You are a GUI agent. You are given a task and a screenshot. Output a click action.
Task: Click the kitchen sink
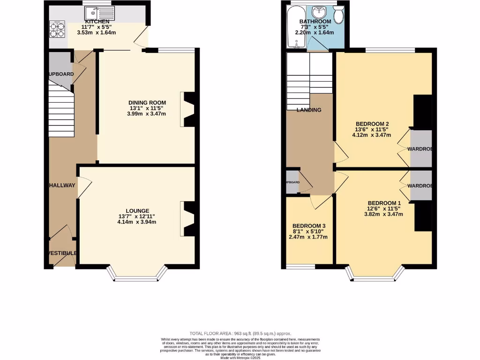pos(97,14)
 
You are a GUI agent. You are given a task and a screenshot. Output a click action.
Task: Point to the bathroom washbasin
pos(321,12)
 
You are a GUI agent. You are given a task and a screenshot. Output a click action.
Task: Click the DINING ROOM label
pos(148,103)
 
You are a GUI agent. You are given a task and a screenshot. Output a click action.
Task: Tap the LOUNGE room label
pos(137,210)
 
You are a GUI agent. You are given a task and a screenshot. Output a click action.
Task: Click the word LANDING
pos(309,110)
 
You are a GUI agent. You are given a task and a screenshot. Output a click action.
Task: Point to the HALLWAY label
pos(61,185)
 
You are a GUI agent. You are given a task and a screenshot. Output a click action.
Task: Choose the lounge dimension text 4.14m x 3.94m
pos(137,222)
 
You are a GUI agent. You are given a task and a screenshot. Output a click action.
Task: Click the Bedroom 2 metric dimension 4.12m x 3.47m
pos(372,135)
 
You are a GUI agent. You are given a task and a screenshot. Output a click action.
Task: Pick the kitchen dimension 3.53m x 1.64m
pos(97,32)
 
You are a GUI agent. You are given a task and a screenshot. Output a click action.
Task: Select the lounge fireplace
pos(188,219)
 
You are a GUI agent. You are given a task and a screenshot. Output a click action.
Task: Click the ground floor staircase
pos(61,111)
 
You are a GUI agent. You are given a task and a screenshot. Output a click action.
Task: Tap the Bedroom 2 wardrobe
pos(420,149)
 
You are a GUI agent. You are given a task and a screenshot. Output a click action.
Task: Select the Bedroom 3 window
pos(300,267)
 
